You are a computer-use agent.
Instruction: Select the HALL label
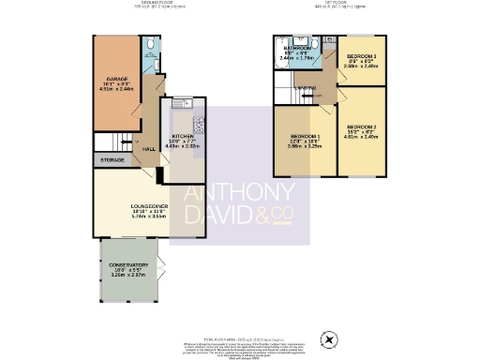pyautogui.click(x=148, y=148)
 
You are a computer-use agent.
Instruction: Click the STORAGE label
pyautogui.click(x=112, y=160)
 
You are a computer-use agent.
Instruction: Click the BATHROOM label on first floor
pyautogui.click(x=300, y=47)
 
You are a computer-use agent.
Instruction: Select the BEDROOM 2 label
pyautogui.click(x=361, y=127)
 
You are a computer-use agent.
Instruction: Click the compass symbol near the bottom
pyautogui.click(x=327, y=337)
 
